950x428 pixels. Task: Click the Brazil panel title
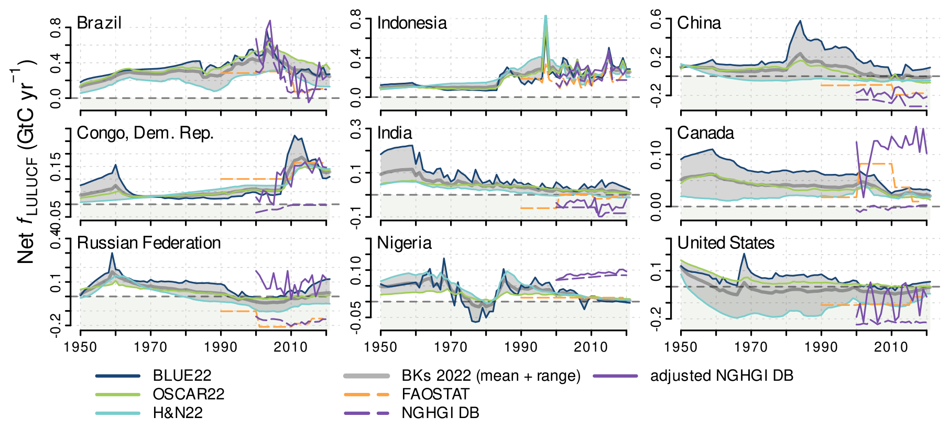(x=99, y=23)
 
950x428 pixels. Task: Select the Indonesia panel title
(x=412, y=23)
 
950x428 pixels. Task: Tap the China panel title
(x=699, y=23)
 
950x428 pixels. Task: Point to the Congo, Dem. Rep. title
(x=145, y=133)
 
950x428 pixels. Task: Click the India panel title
(x=395, y=133)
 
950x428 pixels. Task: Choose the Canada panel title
(x=705, y=133)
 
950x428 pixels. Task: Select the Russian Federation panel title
(x=149, y=243)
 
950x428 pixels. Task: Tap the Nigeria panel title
(x=405, y=243)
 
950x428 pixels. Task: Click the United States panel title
(x=726, y=243)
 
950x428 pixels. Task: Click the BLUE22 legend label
(x=182, y=376)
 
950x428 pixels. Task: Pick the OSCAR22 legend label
(x=188, y=394)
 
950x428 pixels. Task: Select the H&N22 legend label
(x=178, y=413)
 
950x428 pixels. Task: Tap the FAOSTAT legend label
(x=435, y=394)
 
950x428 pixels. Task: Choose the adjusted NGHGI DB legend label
(x=722, y=376)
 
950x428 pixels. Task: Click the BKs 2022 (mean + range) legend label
(x=491, y=376)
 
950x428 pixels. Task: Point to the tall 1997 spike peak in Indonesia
(x=546, y=16)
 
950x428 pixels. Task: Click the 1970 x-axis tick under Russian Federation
(x=150, y=347)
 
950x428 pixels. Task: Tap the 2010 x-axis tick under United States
(x=891, y=347)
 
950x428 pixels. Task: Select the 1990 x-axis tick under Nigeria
(x=521, y=347)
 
